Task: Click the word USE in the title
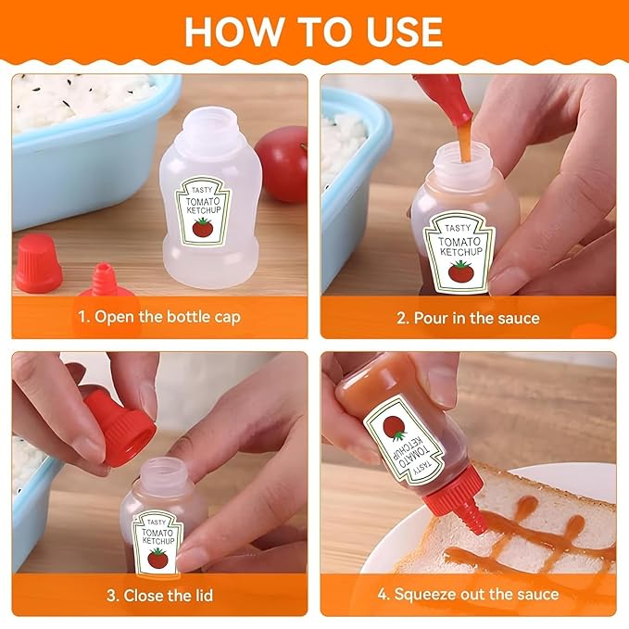click(x=404, y=32)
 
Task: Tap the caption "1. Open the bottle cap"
click(x=159, y=317)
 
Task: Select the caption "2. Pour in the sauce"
click(x=468, y=318)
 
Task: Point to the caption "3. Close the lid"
click(x=159, y=596)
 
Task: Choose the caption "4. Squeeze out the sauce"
click(x=468, y=594)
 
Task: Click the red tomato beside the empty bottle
click(x=282, y=164)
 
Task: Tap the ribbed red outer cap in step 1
click(x=38, y=263)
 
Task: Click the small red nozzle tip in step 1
click(x=104, y=280)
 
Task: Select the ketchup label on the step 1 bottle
click(x=203, y=210)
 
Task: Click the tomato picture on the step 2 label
click(x=461, y=270)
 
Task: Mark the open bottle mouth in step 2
click(x=464, y=157)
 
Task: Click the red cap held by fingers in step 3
click(x=120, y=428)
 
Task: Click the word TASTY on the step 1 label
click(x=202, y=190)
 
